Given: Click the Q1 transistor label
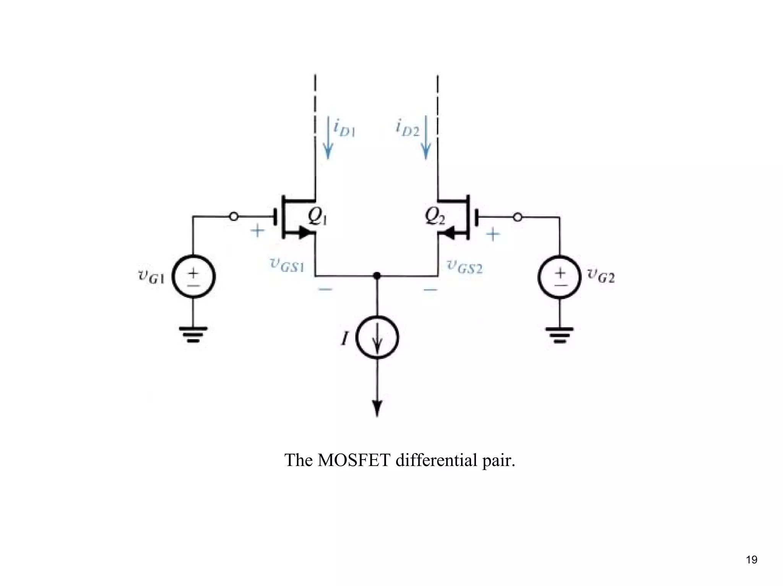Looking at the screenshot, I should click(x=317, y=217).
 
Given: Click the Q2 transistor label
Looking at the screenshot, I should click(x=435, y=217).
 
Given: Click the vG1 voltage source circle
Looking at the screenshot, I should click(x=193, y=277).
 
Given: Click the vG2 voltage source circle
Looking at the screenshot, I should click(x=560, y=277).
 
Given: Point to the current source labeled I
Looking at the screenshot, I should click(x=377, y=337).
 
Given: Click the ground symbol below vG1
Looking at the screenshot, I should click(x=193, y=334).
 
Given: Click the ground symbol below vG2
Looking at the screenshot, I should click(x=560, y=335).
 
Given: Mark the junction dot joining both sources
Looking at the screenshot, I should click(x=377, y=275).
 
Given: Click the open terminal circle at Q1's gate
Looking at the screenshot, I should click(x=234, y=217).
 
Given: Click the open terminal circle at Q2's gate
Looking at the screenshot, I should click(x=517, y=217).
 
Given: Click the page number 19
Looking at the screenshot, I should click(x=751, y=560).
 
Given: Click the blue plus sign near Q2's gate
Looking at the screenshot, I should click(x=493, y=234).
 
